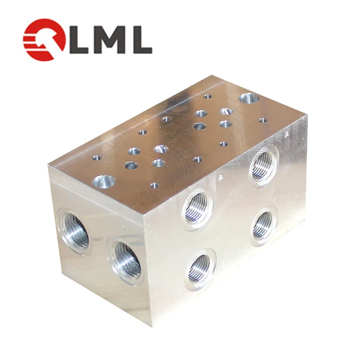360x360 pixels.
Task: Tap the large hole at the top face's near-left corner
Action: click(103, 180)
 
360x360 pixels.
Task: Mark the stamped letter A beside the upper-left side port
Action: click(221, 178)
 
